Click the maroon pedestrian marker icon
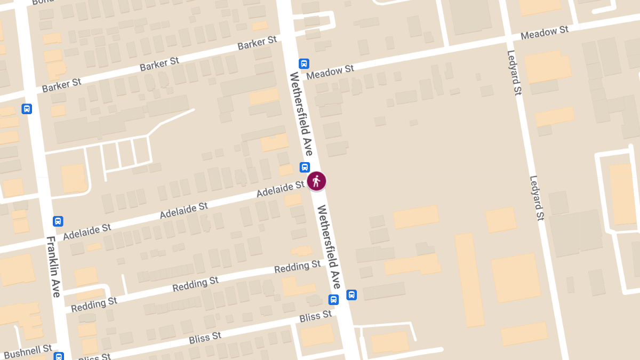pyautogui.click(x=316, y=181)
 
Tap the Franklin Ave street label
pyautogui.click(x=54, y=266)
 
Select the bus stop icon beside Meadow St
pyautogui.click(x=304, y=63)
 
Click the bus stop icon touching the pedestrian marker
pyautogui.click(x=305, y=167)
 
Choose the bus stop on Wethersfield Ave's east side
pyautogui.click(x=351, y=295)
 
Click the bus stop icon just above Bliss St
pyautogui.click(x=333, y=300)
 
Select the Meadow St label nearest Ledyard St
pyautogui.click(x=545, y=33)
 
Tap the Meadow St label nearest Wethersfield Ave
pyautogui.click(x=330, y=71)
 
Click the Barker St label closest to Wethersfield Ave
pyautogui.click(x=258, y=43)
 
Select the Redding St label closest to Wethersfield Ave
pyautogui.click(x=297, y=267)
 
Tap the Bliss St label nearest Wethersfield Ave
pyautogui.click(x=316, y=317)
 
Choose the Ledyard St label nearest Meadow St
pyautogui.click(x=514, y=73)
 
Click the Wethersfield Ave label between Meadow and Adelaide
pyautogui.click(x=301, y=114)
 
